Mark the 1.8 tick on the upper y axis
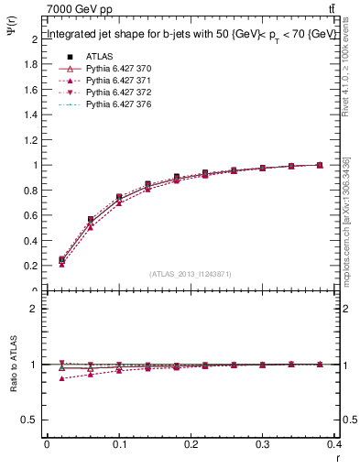tap(32, 65)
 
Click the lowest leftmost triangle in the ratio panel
tap(61, 378)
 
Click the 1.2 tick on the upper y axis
tap(32, 140)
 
